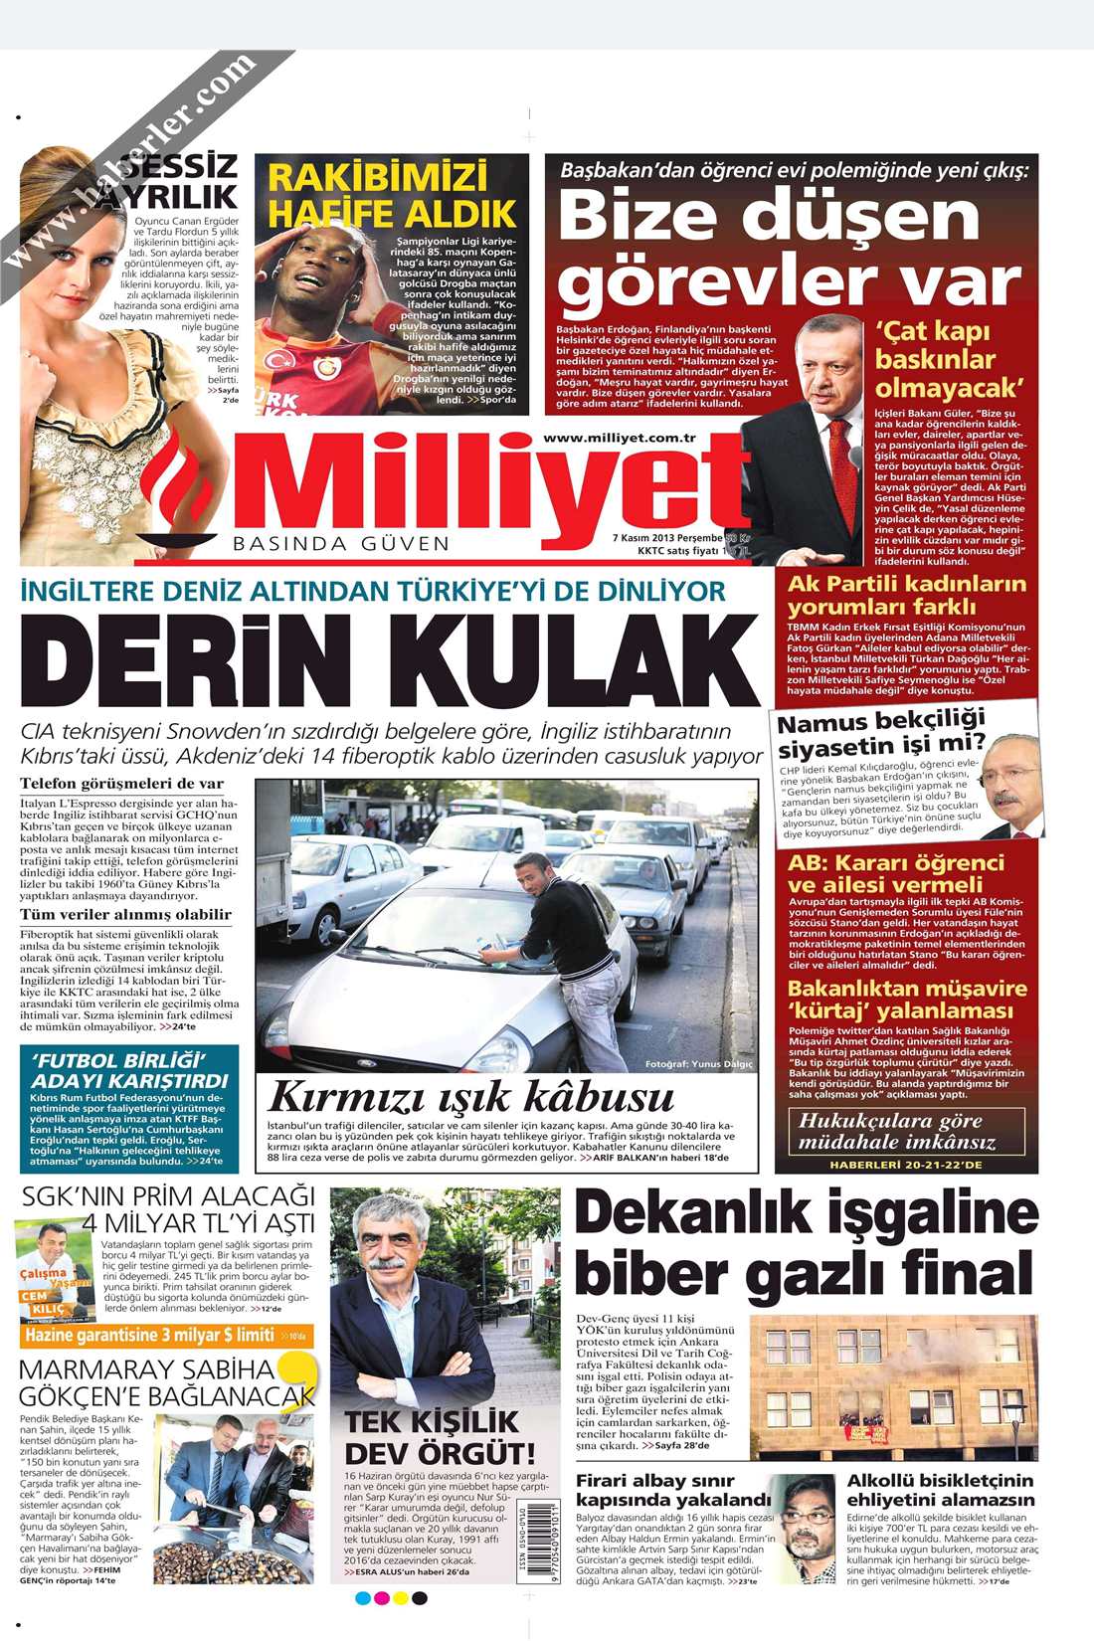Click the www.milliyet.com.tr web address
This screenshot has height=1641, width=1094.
click(619, 438)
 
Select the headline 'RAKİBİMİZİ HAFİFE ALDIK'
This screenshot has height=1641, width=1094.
click(392, 195)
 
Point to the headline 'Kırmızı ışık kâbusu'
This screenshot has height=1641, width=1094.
click(470, 1097)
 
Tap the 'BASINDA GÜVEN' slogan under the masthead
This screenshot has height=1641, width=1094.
click(341, 544)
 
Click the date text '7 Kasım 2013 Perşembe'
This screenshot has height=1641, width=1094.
click(666, 537)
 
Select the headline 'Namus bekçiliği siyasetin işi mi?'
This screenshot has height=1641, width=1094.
click(881, 734)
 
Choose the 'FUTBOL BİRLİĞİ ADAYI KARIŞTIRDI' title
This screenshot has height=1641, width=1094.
click(129, 1070)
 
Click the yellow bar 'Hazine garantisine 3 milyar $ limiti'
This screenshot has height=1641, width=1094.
click(149, 1336)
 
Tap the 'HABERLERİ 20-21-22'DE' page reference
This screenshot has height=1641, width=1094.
click(905, 1164)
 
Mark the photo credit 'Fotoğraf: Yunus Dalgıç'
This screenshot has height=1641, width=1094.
click(698, 1064)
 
